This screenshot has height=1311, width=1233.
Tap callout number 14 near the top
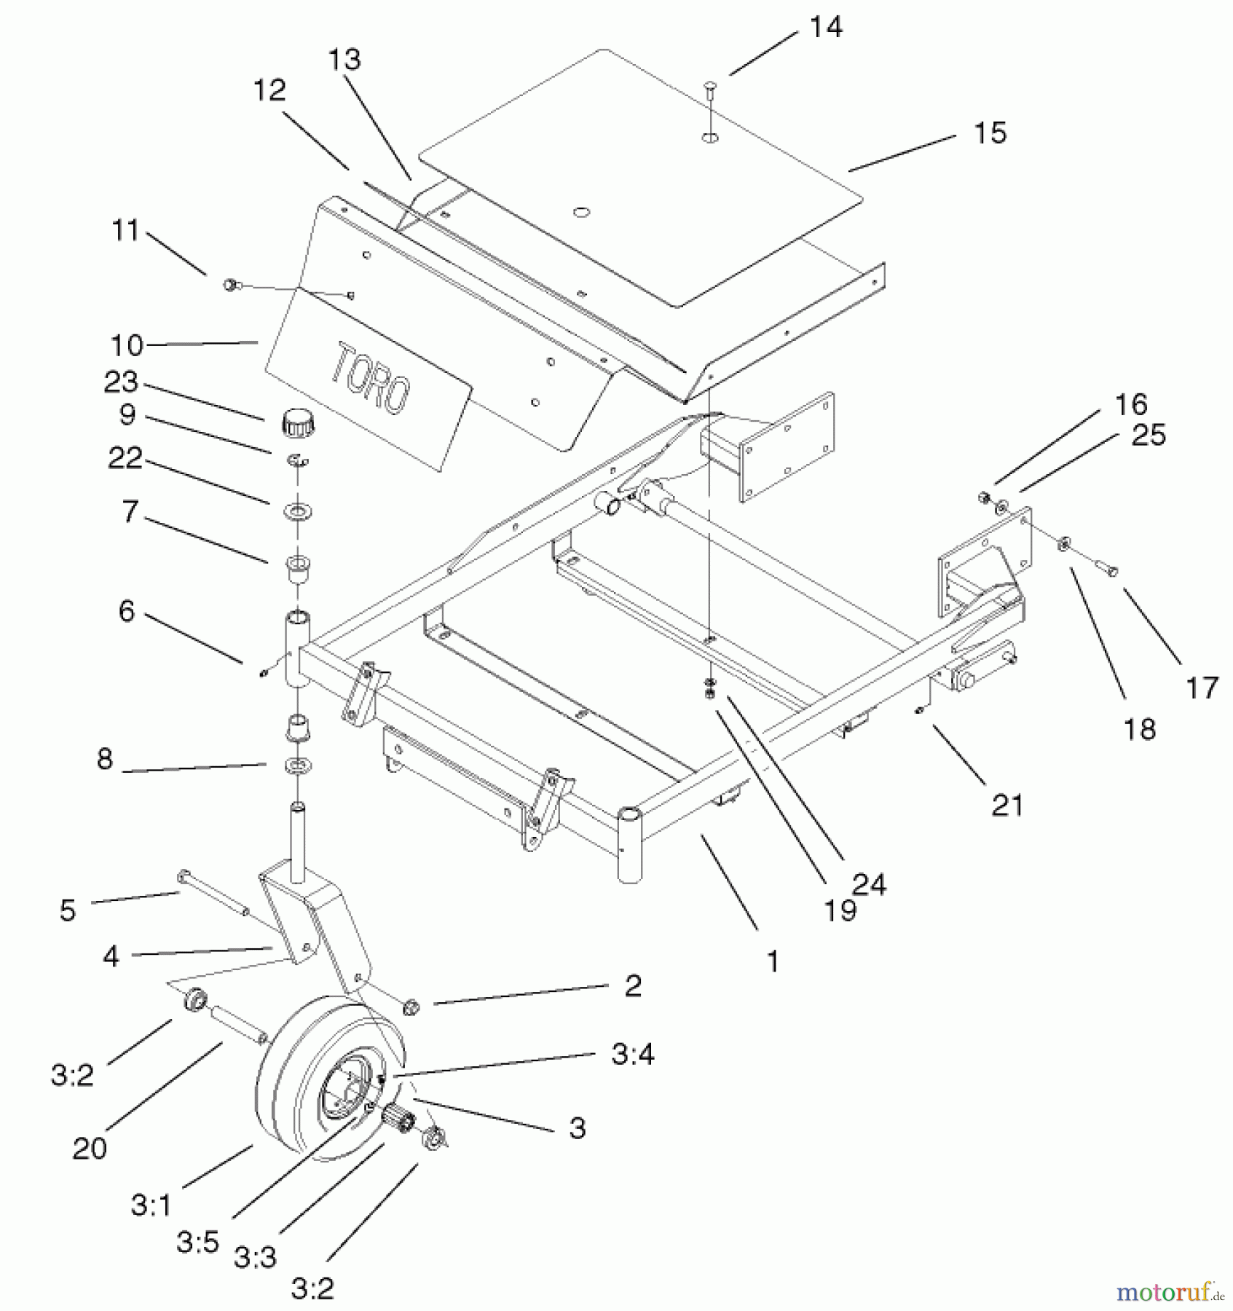click(826, 27)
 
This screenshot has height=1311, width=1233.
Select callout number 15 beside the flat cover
click(990, 133)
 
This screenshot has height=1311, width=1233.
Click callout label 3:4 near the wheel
click(632, 1053)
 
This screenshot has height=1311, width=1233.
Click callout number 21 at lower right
click(1007, 806)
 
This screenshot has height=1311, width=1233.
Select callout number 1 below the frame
click(773, 961)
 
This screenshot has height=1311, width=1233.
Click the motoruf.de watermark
click(1170, 1292)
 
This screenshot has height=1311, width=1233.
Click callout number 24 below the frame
click(869, 884)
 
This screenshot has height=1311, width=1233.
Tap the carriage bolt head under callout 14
click(710, 89)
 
